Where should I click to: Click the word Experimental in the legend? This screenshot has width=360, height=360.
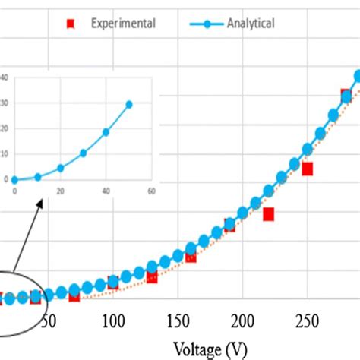click(123, 24)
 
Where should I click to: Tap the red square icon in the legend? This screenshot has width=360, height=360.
click(71, 24)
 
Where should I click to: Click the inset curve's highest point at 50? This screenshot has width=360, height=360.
click(128, 104)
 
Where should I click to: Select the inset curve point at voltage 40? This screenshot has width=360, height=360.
click(106, 132)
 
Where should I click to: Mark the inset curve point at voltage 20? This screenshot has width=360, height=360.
click(60, 168)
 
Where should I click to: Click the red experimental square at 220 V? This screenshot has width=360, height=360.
click(268, 214)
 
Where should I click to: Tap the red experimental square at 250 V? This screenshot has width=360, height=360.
click(308, 169)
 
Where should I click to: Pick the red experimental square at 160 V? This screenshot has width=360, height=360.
click(191, 257)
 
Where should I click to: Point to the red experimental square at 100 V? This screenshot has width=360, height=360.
click(112, 283)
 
